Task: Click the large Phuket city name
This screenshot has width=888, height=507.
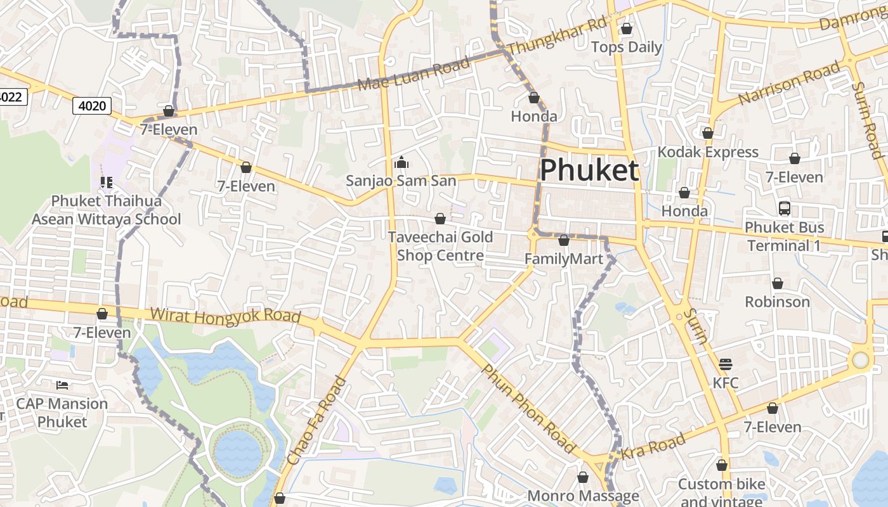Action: click(x=589, y=170)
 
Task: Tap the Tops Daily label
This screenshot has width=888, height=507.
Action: click(x=626, y=48)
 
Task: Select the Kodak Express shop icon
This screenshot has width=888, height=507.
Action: click(x=708, y=133)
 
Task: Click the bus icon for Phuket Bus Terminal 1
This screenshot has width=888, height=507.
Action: click(x=785, y=209)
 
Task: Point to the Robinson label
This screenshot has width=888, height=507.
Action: click(x=777, y=302)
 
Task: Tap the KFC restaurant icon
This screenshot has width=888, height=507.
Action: click(x=726, y=364)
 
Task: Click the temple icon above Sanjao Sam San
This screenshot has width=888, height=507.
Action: click(x=401, y=163)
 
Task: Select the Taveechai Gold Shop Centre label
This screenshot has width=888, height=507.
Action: click(x=440, y=246)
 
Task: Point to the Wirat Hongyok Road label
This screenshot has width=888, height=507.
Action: click(x=225, y=316)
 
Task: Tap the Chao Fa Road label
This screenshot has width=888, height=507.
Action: click(x=317, y=421)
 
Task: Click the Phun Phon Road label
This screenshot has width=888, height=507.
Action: click(x=528, y=409)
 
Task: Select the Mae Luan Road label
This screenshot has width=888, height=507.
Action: click(x=413, y=74)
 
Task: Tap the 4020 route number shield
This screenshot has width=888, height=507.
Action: click(x=92, y=105)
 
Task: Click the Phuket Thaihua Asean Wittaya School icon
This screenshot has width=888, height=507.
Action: click(x=107, y=183)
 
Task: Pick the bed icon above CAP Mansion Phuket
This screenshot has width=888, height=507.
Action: click(x=62, y=385)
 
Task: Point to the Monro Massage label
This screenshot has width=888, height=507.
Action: click(x=583, y=496)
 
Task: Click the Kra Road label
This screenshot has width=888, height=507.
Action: click(x=653, y=446)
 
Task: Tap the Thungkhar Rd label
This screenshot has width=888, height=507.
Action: click(x=558, y=36)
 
